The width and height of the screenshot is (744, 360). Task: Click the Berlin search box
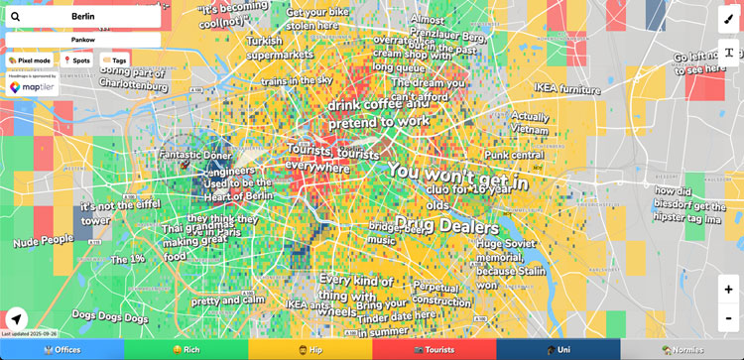point(83,17)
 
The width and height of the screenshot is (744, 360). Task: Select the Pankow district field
point(83,40)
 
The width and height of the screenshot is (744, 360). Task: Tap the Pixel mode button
point(31,60)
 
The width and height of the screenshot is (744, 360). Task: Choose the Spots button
point(77,60)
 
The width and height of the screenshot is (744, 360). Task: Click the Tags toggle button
point(114,60)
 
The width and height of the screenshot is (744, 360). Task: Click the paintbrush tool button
point(729,18)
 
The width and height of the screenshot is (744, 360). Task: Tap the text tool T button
point(729,52)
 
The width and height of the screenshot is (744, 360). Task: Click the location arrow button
point(17,319)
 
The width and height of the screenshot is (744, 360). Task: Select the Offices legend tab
point(62,350)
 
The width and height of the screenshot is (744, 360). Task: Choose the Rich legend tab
point(186,350)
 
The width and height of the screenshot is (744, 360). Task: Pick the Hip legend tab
point(310,350)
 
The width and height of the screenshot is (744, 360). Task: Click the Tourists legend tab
point(434,350)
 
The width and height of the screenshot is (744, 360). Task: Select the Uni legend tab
point(558,350)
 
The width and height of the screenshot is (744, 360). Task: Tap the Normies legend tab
point(682,350)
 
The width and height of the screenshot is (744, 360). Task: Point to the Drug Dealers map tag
point(446,226)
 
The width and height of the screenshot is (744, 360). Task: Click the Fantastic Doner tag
point(194,156)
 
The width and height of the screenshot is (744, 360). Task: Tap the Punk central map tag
point(514,155)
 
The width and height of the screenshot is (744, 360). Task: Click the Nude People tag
point(43,240)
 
